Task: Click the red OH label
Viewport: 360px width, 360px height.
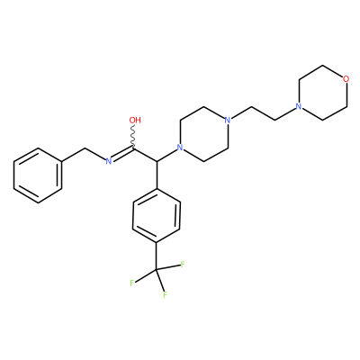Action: (x=135, y=121)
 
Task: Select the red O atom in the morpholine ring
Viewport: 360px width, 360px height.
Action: (x=346, y=79)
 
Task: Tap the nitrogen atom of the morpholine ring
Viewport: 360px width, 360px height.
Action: (x=298, y=106)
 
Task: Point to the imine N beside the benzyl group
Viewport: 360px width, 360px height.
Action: (x=109, y=161)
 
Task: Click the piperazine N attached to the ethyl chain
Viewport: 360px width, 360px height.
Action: (x=228, y=121)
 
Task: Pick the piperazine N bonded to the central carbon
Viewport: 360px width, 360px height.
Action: (x=180, y=148)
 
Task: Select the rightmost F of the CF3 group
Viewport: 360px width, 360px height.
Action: (x=183, y=265)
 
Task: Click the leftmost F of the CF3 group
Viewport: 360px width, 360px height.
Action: (x=132, y=283)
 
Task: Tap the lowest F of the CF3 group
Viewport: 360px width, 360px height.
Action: (x=165, y=295)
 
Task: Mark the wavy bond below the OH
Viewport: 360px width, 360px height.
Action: (x=133, y=137)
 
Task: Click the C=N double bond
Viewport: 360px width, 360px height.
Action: (x=122, y=154)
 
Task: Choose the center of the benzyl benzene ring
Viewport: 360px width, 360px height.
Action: (x=38, y=175)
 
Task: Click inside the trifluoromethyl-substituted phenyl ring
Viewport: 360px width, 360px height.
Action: (x=157, y=216)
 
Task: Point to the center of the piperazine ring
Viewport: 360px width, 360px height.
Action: (x=203, y=134)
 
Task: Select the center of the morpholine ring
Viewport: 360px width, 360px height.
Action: (x=322, y=93)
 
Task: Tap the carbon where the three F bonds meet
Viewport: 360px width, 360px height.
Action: (x=157, y=271)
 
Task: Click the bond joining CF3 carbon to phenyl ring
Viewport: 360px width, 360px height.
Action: (x=157, y=257)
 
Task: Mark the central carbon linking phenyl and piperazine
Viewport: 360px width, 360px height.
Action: (x=157, y=161)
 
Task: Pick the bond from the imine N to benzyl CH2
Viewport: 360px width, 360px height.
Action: (x=95, y=154)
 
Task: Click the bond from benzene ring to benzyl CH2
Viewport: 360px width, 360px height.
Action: (x=74, y=155)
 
